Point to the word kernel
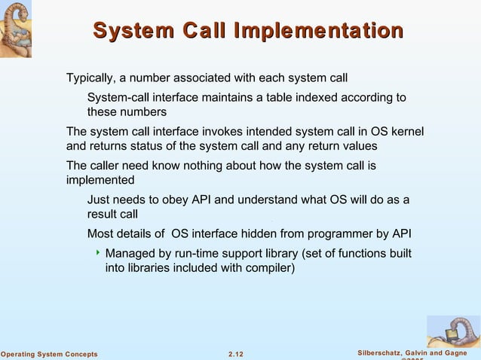tap(407, 132)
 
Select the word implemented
tap(100, 181)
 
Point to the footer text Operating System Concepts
tap(49, 354)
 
